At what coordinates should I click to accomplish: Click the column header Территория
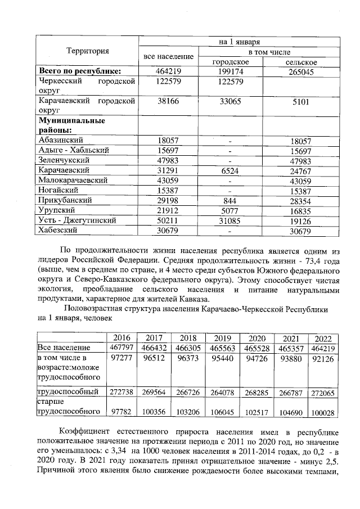(x=87, y=51)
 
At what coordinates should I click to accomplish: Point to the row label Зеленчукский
(x=61, y=160)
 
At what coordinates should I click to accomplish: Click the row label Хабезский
(x=59, y=230)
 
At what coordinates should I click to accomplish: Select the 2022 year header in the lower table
(x=323, y=338)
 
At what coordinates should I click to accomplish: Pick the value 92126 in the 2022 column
(x=323, y=358)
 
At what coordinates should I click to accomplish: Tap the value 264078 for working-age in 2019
(x=223, y=391)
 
